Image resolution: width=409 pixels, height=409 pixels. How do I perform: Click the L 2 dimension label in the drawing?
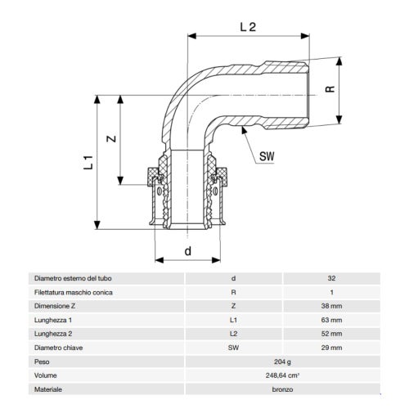[249, 26]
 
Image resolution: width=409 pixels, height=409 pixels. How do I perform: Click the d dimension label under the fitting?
[188, 251]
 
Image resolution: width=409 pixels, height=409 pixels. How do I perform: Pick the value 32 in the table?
[331, 278]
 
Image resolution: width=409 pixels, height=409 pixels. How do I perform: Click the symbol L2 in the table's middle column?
[234, 334]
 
